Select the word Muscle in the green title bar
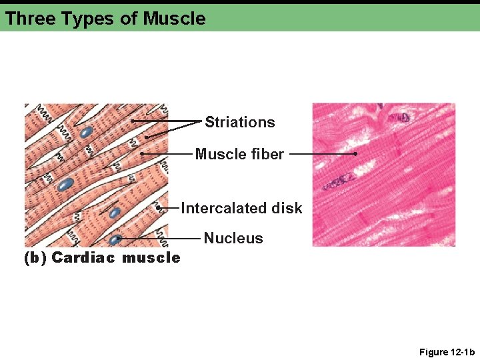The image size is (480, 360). point(175,19)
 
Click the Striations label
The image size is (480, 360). point(239,122)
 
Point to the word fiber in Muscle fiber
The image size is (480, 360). point(267,155)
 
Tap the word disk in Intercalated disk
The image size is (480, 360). point(287,208)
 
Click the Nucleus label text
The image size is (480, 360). point(233,238)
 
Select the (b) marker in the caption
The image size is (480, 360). point(35,257)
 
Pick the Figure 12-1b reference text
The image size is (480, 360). point(447,352)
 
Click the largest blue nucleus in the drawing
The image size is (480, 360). point(65,183)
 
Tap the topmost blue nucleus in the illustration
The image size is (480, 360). point(86,132)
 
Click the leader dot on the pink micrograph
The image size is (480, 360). point(356,154)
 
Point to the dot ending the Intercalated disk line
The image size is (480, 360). point(159,209)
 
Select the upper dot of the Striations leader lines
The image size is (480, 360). point(132,121)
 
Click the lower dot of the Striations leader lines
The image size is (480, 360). point(146,137)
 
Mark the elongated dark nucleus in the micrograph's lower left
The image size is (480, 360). point(339,181)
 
